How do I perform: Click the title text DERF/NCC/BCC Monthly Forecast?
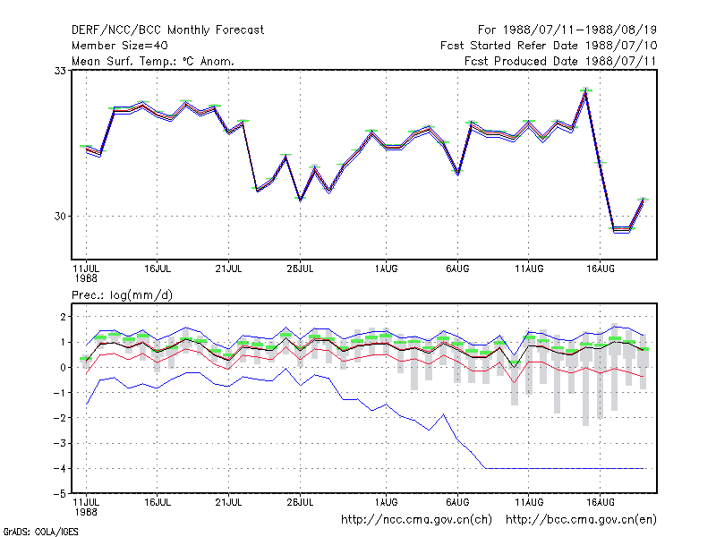(167, 30)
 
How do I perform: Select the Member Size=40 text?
(120, 46)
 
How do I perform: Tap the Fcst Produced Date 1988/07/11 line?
(560, 61)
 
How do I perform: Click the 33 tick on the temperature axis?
(60, 71)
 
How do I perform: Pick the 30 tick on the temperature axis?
(60, 216)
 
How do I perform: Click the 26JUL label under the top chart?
(300, 269)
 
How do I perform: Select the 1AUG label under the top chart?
(386, 269)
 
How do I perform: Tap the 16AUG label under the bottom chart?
(600, 502)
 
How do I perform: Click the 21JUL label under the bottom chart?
(228, 502)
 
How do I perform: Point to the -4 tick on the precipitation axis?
(59, 468)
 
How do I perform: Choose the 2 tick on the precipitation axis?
(63, 317)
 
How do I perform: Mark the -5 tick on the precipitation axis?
(59, 494)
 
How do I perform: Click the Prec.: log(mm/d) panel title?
(122, 295)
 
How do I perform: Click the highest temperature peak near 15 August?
(586, 90)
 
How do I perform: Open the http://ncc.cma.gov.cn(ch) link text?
(416, 520)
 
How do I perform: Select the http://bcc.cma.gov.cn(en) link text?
(581, 520)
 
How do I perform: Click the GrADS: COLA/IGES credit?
(40, 532)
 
